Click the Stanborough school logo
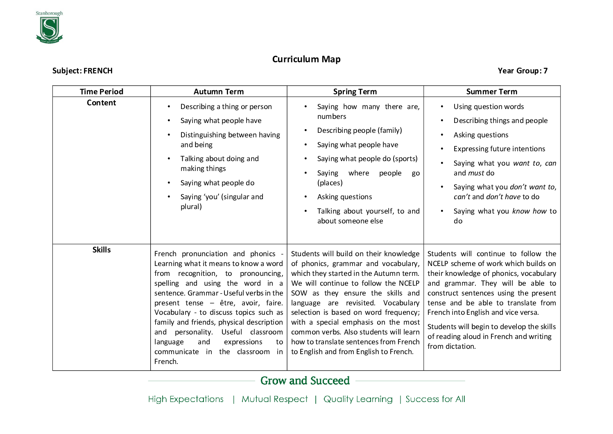[x=49, y=28]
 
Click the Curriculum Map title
[x=306, y=59]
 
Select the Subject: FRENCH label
[x=82, y=71]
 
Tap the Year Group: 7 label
[x=523, y=71]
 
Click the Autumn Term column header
[x=219, y=91]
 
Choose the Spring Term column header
[x=355, y=91]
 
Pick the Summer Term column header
[x=492, y=91]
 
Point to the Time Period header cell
[x=102, y=91]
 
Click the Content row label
[x=102, y=103]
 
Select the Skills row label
[x=102, y=250]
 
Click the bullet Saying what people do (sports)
[x=367, y=159]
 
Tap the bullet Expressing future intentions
[x=499, y=149]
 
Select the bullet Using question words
[x=489, y=107]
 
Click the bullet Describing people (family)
[x=360, y=130]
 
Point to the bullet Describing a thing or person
[x=226, y=107]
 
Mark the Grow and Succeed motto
[x=305, y=381]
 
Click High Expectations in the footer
[x=186, y=399]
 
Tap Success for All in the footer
[x=435, y=399]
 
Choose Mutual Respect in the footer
[x=274, y=399]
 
